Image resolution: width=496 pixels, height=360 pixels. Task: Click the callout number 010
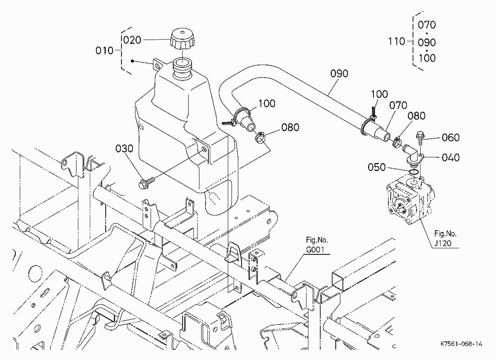(104, 50)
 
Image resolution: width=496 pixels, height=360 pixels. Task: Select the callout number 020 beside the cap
(132, 40)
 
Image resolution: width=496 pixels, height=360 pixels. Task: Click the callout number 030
(124, 148)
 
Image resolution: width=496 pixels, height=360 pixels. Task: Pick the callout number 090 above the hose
(339, 73)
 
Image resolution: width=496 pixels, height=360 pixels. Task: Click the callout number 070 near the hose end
(398, 105)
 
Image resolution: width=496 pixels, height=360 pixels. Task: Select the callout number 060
(450, 138)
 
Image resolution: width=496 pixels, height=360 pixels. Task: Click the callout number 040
(450, 158)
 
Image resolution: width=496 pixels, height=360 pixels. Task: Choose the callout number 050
(376, 167)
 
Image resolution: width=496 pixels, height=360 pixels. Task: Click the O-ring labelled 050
(414, 172)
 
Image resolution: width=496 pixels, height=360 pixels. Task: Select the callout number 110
(397, 41)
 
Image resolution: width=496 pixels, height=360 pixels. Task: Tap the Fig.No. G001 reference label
(316, 245)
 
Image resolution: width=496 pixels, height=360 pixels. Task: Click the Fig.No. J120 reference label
(445, 239)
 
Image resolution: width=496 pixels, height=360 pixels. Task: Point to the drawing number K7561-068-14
(461, 344)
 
